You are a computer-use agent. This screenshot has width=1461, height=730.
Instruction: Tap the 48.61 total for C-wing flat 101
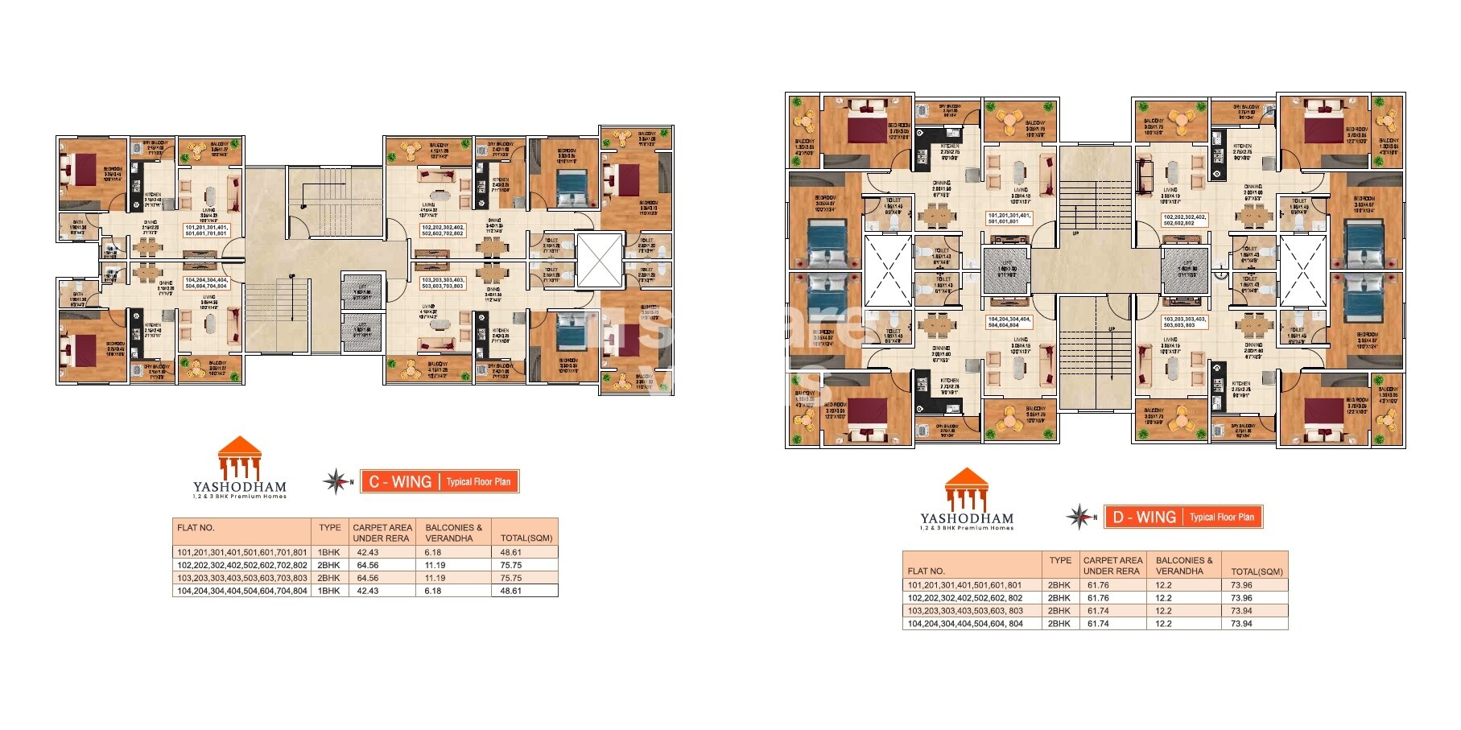pos(510,553)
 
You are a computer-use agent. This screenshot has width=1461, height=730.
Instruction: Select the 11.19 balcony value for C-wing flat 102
pos(435,566)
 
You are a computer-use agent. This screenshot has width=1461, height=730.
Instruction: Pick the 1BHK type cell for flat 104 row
pos(329,591)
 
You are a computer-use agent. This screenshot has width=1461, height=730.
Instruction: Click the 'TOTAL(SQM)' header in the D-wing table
pos(1257,572)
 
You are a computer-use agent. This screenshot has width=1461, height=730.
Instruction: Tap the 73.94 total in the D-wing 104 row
pos(1241,624)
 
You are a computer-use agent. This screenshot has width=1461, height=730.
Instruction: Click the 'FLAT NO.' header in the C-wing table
pos(196,528)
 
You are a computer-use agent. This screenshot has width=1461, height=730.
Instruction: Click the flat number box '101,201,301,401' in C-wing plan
pos(206,230)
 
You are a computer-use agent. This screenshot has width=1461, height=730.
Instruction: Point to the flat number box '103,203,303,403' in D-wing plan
pos(1184,322)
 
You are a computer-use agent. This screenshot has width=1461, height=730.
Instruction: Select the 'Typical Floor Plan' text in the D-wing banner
pos(1222,518)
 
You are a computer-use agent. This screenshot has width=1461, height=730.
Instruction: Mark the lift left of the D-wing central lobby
pos(1006,271)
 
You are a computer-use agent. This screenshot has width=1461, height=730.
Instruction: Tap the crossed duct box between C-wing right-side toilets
pos(600,261)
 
